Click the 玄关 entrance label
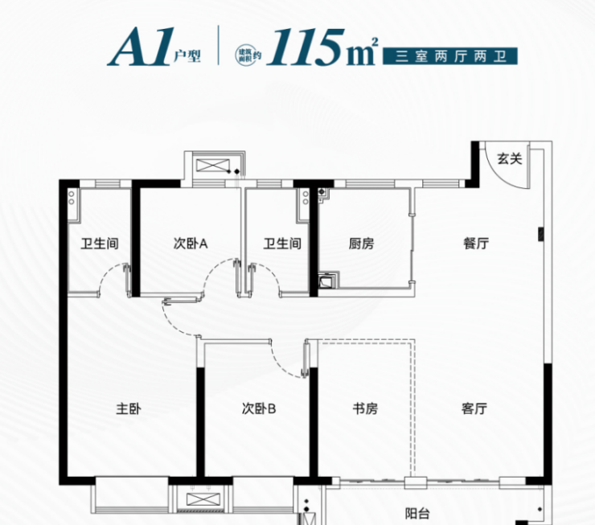[510, 158]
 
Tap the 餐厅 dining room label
[476, 243]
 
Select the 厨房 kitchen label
[361, 243]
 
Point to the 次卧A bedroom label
[191, 243]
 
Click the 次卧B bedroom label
[259, 408]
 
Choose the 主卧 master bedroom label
[129, 409]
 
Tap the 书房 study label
[365, 408]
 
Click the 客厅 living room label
[474, 408]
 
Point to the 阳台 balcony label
[417, 514]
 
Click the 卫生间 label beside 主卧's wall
[100, 243]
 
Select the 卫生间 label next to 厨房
[282, 243]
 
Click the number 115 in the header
[306, 47]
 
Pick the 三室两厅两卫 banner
[450, 56]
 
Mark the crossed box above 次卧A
[213, 166]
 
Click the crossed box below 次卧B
[203, 499]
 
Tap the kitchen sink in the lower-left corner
[328, 280]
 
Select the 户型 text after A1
[187, 56]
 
